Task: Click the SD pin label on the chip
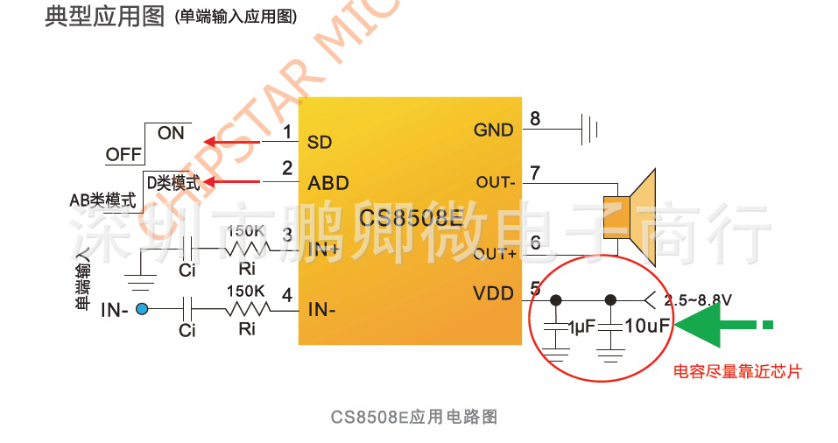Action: pyautogui.click(x=320, y=142)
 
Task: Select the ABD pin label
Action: pyautogui.click(x=328, y=183)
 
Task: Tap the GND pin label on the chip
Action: pyautogui.click(x=493, y=130)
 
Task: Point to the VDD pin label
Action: pyautogui.click(x=493, y=293)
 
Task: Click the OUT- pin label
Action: pyautogui.click(x=495, y=182)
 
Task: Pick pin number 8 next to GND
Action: pyautogui.click(x=534, y=118)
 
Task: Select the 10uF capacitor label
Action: pyautogui.click(x=648, y=326)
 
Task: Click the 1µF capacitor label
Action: pyautogui.click(x=581, y=326)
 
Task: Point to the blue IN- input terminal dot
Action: pyautogui.click(x=142, y=308)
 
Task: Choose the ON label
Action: pyautogui.click(x=172, y=133)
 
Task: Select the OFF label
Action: pyautogui.click(x=123, y=155)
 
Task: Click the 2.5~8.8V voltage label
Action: pyautogui.click(x=698, y=299)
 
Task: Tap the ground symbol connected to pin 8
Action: pyautogui.click(x=591, y=130)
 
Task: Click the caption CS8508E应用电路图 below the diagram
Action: pyautogui.click(x=414, y=417)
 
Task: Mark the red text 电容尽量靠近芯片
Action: pyautogui.click(x=736, y=371)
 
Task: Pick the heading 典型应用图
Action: pyautogui.click(x=104, y=16)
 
